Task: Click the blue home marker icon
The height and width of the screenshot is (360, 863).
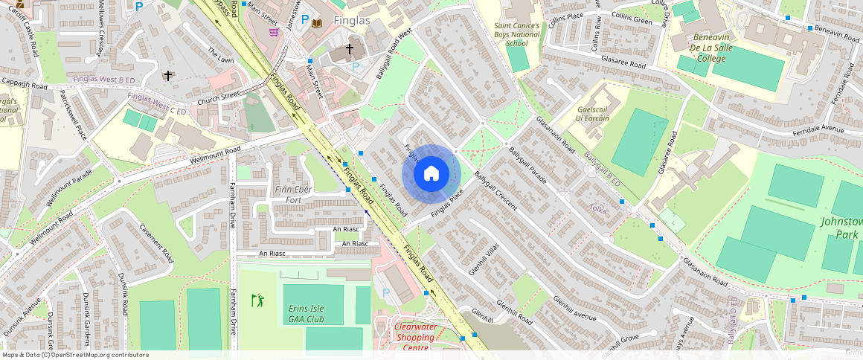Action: (x=431, y=174)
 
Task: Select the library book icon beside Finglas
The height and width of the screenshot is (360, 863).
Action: (x=318, y=23)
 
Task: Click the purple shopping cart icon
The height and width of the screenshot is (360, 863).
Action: (x=274, y=31)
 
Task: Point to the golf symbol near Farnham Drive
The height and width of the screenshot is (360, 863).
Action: (x=257, y=300)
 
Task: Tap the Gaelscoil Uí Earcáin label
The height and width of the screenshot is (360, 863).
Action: (x=593, y=114)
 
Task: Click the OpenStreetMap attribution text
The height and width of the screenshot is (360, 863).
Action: (x=74, y=355)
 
